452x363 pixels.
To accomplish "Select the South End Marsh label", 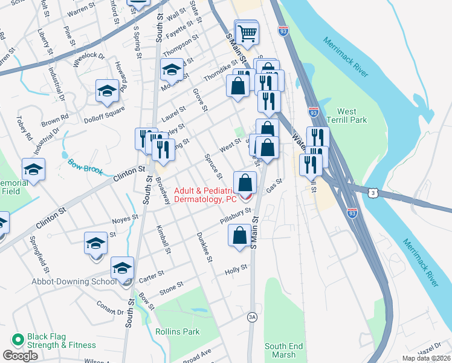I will pyautogui.click(x=283, y=350).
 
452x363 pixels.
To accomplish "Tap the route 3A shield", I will pyautogui.click(x=252, y=316).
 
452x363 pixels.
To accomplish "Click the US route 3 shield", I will pyautogui.click(x=373, y=192).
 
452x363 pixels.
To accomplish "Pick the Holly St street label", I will pyautogui.click(x=236, y=267).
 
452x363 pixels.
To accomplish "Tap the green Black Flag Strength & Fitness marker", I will pyautogui.click(x=18, y=340).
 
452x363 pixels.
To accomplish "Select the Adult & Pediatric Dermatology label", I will pyautogui.click(x=205, y=194).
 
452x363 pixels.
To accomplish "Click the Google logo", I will pyautogui.click(x=20, y=356).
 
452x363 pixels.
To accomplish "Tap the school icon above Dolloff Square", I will pyautogui.click(x=107, y=91).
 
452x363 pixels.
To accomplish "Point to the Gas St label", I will pyautogui.click(x=274, y=185).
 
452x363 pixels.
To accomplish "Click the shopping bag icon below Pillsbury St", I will pyautogui.click(x=239, y=235).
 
